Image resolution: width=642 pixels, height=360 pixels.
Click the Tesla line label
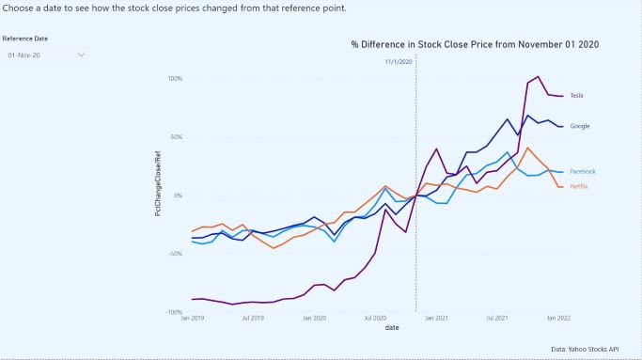tap(577, 96)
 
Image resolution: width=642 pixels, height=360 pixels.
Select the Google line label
tap(580, 126)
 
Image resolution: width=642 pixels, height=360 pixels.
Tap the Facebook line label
tap(583, 172)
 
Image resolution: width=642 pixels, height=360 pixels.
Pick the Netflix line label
tap(579, 186)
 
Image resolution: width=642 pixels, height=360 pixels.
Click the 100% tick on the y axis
tap(174, 78)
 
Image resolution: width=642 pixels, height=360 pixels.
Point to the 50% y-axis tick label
tap(176, 136)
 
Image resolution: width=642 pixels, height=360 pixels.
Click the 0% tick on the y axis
tap(178, 196)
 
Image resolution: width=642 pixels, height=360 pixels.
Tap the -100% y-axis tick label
tap(173, 312)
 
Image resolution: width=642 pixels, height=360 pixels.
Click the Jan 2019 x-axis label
tap(192, 320)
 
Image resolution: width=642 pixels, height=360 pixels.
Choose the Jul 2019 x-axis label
tap(253, 320)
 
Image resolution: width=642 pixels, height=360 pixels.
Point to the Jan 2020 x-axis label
tap(315, 320)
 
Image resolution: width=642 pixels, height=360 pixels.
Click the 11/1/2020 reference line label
tap(399, 62)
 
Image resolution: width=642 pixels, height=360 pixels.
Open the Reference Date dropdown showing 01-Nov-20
tap(46, 55)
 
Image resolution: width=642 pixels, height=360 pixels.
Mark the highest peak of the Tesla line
tap(538, 77)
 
